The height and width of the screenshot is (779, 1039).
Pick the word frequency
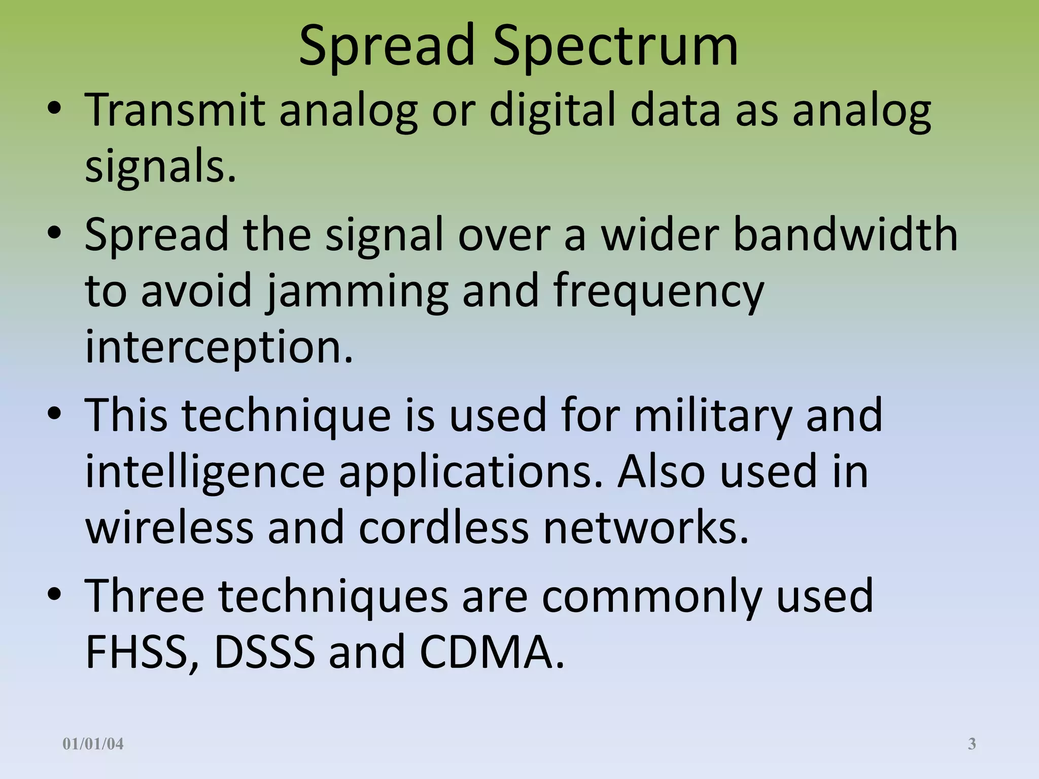659,291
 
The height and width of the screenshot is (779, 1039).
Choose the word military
713,415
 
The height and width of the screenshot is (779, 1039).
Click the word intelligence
205,472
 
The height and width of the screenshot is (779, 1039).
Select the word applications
471,472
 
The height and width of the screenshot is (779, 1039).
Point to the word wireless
169,528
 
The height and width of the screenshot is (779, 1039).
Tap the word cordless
444,528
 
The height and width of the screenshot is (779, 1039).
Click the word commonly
652,596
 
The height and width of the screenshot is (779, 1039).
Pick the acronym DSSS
264,652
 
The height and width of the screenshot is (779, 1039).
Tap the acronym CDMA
491,652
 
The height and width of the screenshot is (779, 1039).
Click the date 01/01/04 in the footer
93,744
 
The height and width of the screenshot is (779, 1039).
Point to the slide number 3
972,744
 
